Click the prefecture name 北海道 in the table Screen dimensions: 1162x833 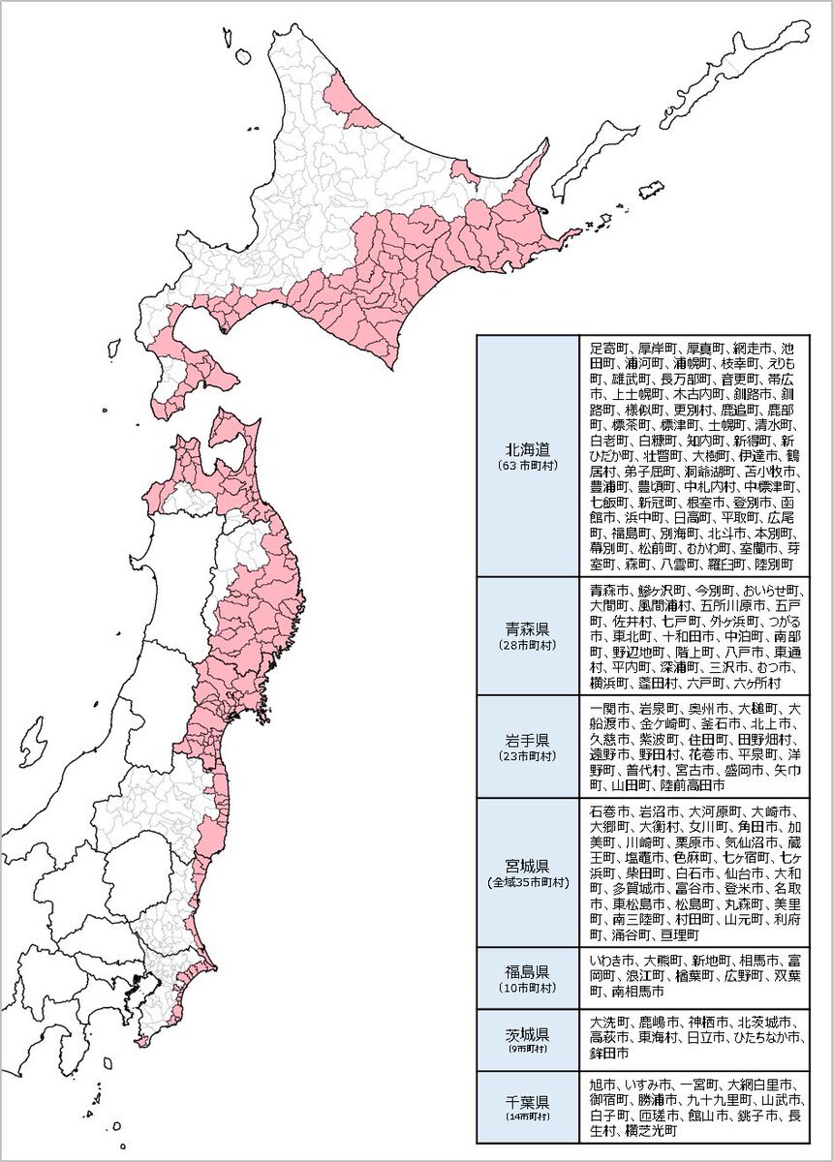tap(528, 449)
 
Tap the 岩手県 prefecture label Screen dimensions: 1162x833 tap(528, 738)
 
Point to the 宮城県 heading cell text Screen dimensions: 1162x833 tap(528, 865)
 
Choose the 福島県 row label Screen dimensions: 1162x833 tap(528, 971)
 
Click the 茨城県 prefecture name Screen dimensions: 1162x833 tap(528, 1032)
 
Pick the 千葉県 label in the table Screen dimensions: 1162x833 tap(528, 1102)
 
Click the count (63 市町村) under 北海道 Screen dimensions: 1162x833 tap(528, 466)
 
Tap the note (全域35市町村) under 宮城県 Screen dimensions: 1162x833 tap(528, 882)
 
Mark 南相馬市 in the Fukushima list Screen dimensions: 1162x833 tap(637, 992)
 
